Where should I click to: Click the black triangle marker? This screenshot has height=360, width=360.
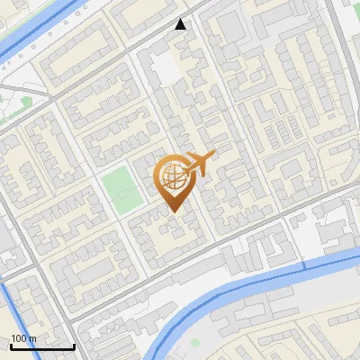point(181,24)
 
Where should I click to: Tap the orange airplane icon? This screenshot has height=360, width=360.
point(200,163)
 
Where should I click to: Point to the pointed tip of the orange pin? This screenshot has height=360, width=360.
point(173,212)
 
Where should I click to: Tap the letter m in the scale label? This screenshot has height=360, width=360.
point(33,338)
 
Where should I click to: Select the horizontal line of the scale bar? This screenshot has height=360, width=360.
point(42,346)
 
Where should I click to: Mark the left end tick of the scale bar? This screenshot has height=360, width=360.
point(11,345)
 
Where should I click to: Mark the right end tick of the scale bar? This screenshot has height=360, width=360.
point(74,345)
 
